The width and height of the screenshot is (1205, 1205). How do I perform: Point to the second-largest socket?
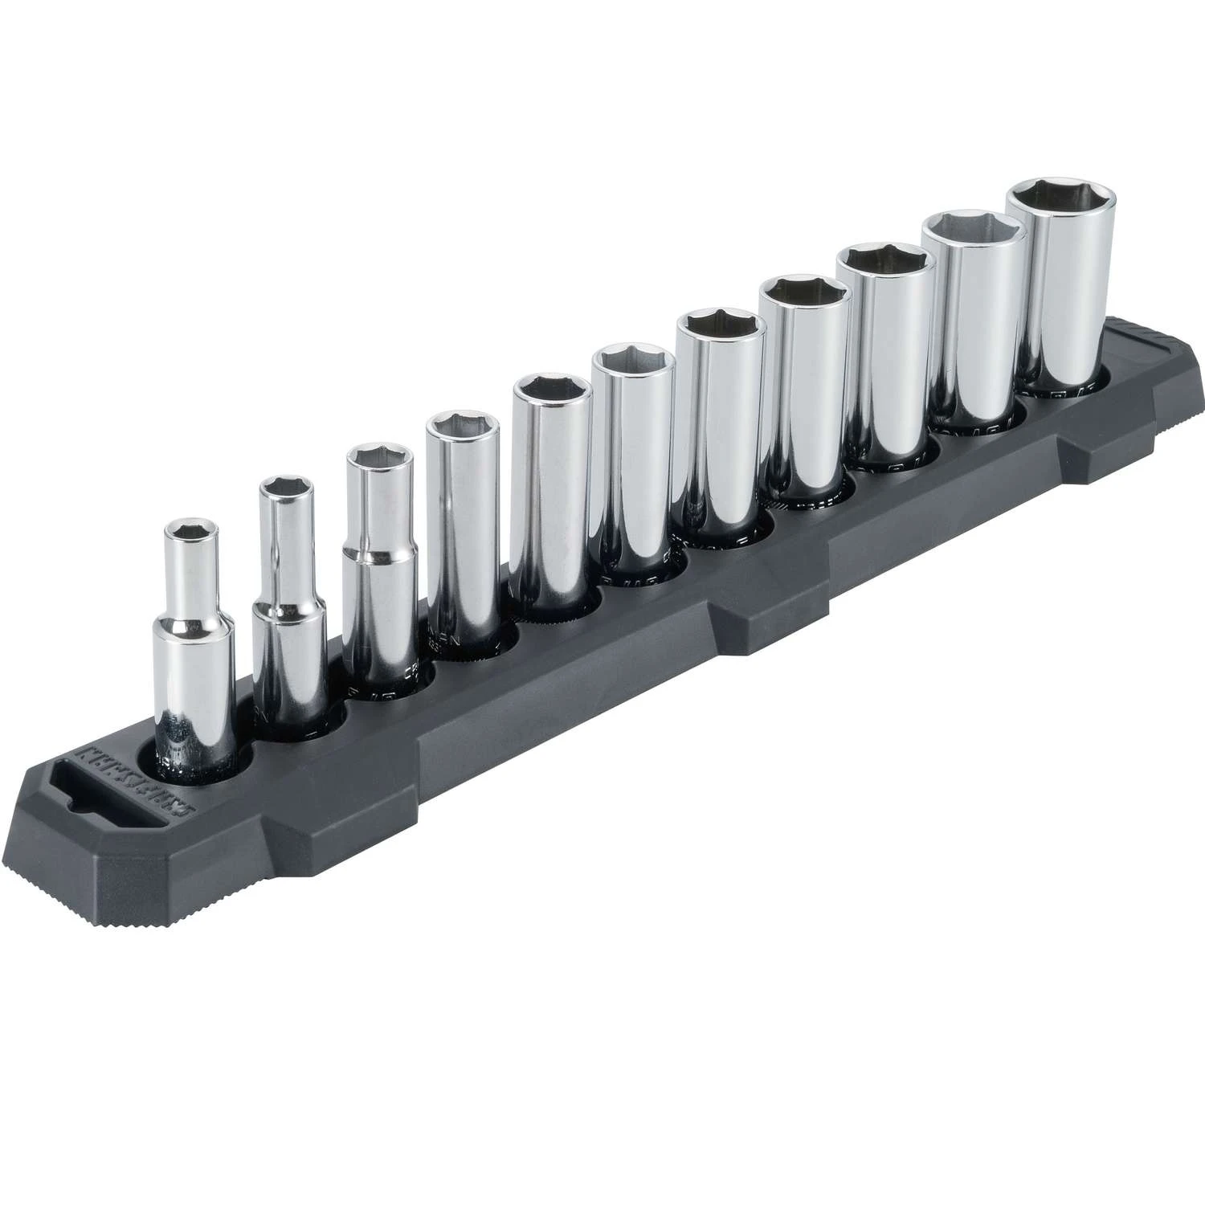coord(974,321)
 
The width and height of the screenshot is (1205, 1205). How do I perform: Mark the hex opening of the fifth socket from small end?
coord(543,389)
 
